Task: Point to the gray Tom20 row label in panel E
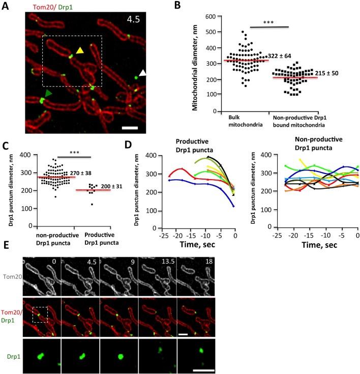[11, 276]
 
